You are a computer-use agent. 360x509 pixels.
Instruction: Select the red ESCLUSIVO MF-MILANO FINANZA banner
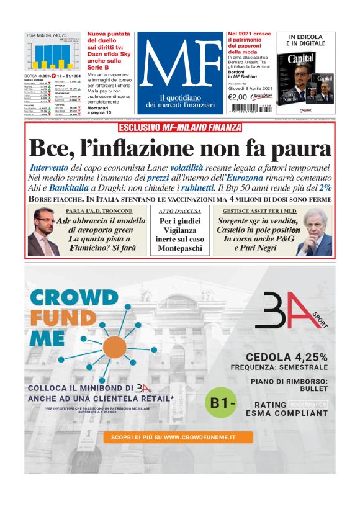180,128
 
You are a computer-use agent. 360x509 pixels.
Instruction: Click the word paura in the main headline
297,149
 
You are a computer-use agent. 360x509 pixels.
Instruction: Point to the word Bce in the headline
50,149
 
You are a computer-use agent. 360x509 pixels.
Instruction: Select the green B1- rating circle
220,403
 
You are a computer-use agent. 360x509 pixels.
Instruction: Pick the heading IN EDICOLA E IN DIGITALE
305,41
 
